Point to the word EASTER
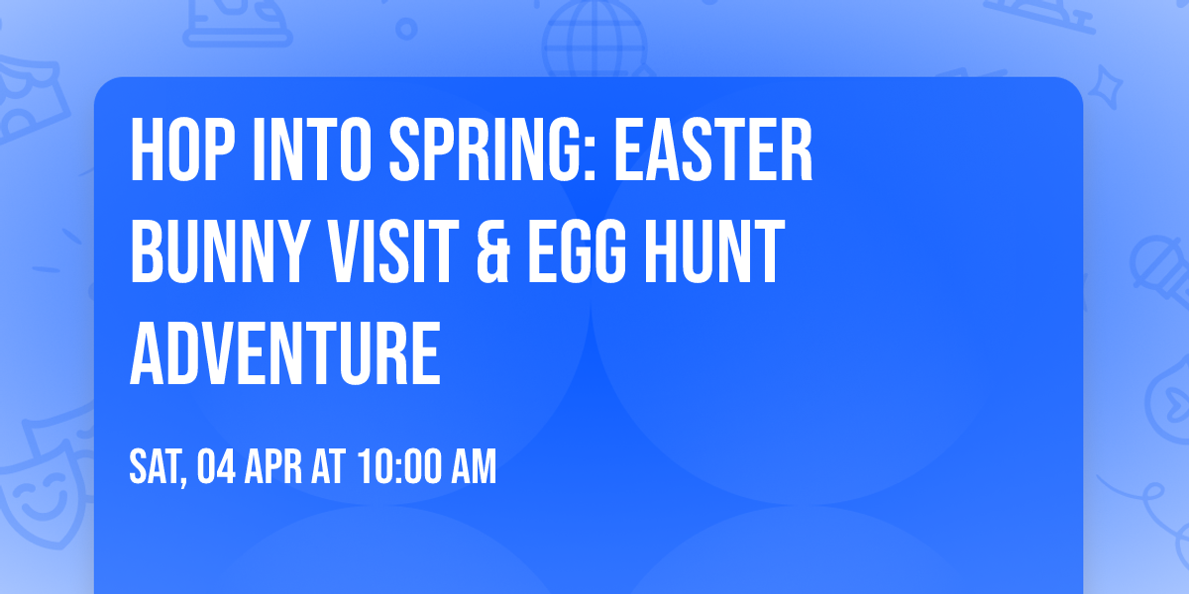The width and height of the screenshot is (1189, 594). pos(712,151)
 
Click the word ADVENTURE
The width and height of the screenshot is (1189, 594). pos(285,351)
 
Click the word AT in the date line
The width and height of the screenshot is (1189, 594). pos(330,467)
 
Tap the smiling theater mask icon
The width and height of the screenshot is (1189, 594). pos(40,495)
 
